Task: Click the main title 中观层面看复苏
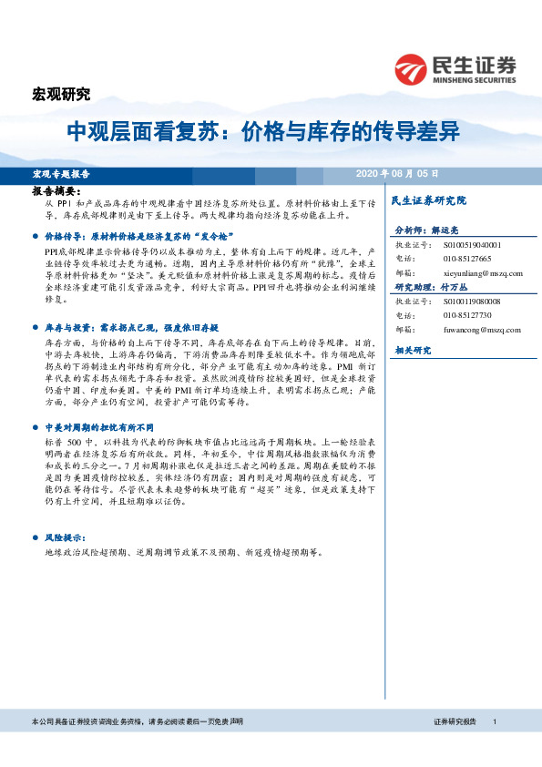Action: point(146,132)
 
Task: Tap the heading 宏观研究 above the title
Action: point(61,94)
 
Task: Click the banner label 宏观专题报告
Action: point(60,173)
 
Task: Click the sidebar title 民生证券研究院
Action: point(427,199)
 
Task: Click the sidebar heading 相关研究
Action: point(411,350)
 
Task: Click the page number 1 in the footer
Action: point(493,721)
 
